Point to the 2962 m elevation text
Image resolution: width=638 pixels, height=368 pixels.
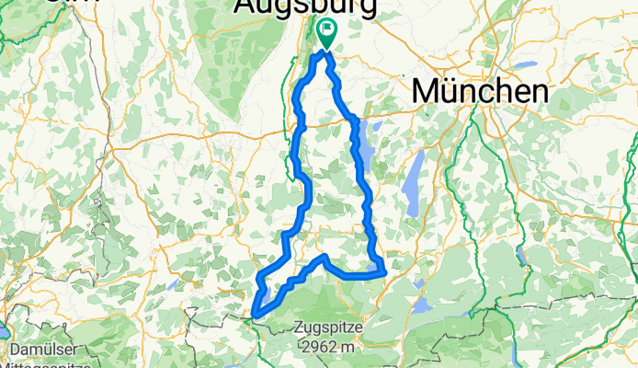[330, 347]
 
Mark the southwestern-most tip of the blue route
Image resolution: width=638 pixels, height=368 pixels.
[254, 317]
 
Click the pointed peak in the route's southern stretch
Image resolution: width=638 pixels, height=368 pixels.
[323, 257]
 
